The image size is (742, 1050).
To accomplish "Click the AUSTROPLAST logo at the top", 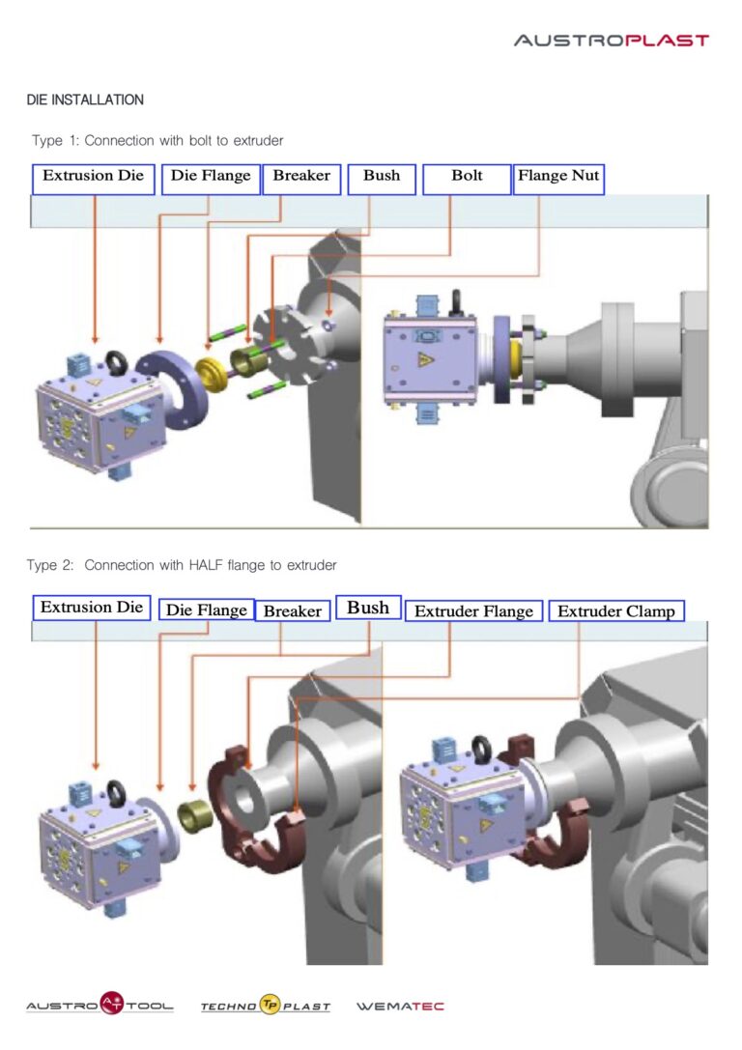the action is tap(612, 41).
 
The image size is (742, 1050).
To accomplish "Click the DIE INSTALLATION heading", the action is tap(85, 99).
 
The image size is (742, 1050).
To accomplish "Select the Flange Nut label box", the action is tap(558, 180).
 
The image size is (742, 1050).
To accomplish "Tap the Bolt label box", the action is tap(467, 180).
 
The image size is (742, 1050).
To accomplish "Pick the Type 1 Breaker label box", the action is tap(301, 180).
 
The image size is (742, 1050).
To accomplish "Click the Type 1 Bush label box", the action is tap(382, 180).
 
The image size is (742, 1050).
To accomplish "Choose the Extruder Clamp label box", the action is tap(616, 610).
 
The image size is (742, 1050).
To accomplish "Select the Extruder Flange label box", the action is tap(473, 610).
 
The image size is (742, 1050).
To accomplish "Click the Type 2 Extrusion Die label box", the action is tap(92, 608).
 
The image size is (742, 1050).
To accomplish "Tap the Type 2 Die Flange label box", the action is tap(206, 610).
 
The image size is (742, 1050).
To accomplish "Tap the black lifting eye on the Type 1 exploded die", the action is tap(118, 363).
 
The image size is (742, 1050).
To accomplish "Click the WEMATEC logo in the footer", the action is tap(400, 1006).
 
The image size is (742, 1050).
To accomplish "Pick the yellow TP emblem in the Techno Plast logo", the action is tap(270, 1005).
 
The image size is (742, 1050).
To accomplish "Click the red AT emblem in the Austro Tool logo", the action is tap(112, 1003).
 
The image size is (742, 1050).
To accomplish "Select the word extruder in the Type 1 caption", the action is tap(258, 141).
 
